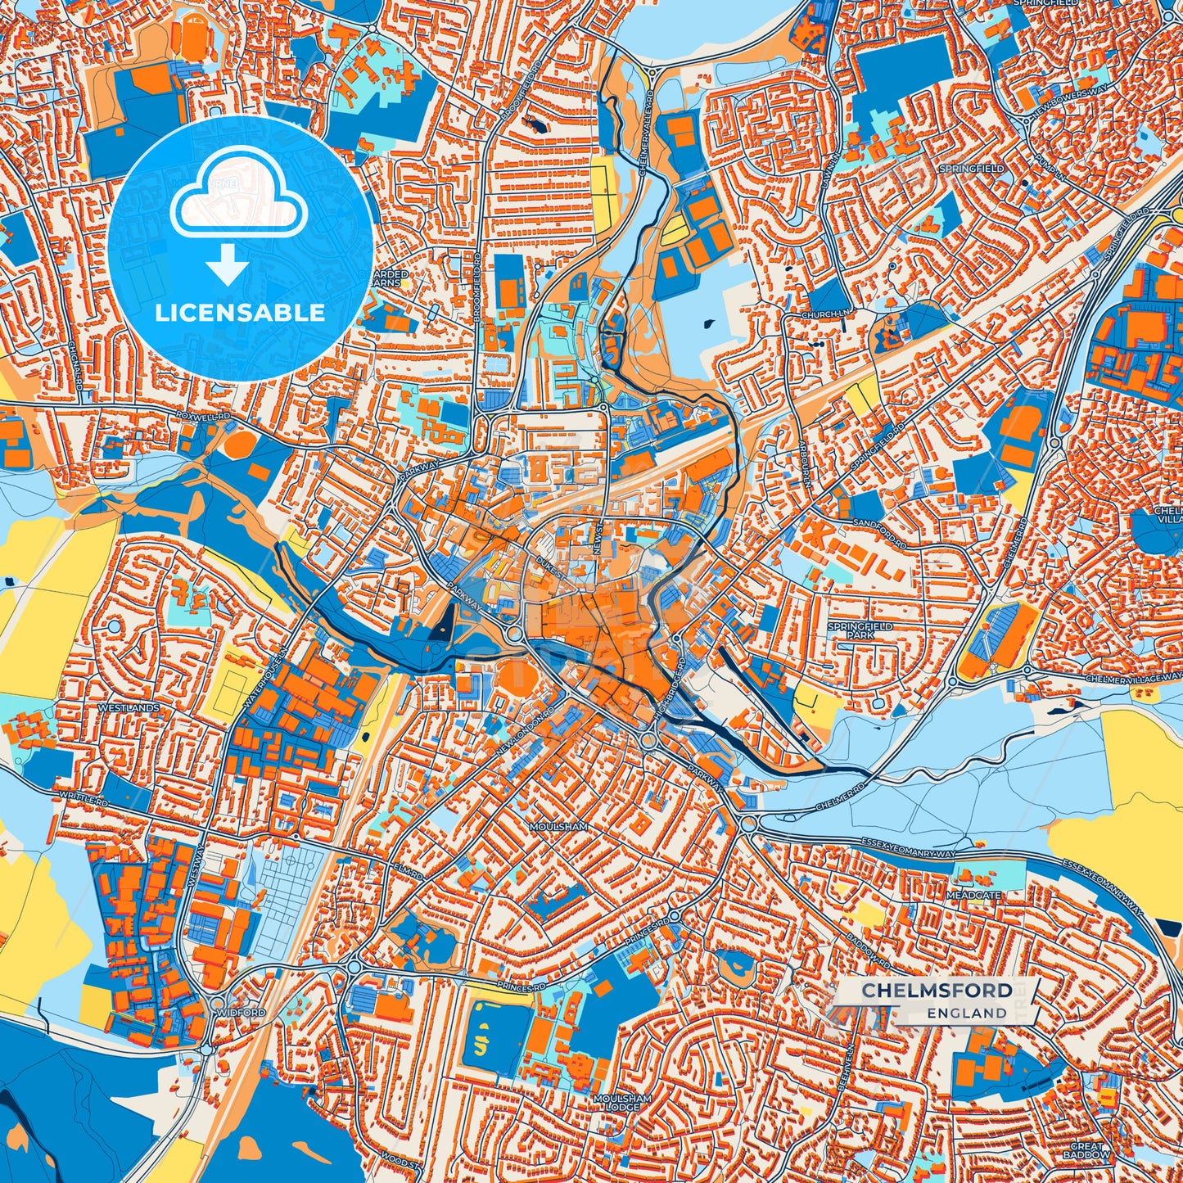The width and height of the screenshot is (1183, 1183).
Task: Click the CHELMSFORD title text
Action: click(x=937, y=991)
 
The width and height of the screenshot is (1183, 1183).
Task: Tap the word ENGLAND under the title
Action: click(x=967, y=1013)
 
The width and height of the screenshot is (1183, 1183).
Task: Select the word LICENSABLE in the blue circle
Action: click(x=240, y=313)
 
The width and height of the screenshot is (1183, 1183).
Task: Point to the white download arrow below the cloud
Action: click(x=228, y=264)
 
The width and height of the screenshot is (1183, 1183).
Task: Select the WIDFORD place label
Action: click(x=241, y=1013)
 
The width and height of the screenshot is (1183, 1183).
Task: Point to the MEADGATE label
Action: click(x=973, y=896)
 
